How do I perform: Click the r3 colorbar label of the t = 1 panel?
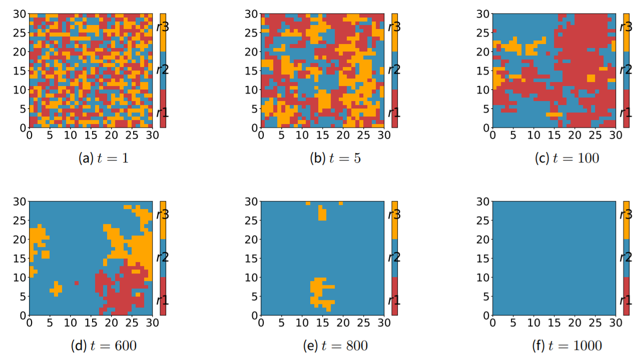click(163, 26)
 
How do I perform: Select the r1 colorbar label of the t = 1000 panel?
click(626, 300)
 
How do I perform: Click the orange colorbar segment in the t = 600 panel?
click(163, 220)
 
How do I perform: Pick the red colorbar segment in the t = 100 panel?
click(626, 108)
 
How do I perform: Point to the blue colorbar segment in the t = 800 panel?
click(394, 258)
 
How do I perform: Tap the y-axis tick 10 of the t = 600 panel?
click(21, 277)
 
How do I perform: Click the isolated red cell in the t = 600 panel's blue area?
click(77, 283)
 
